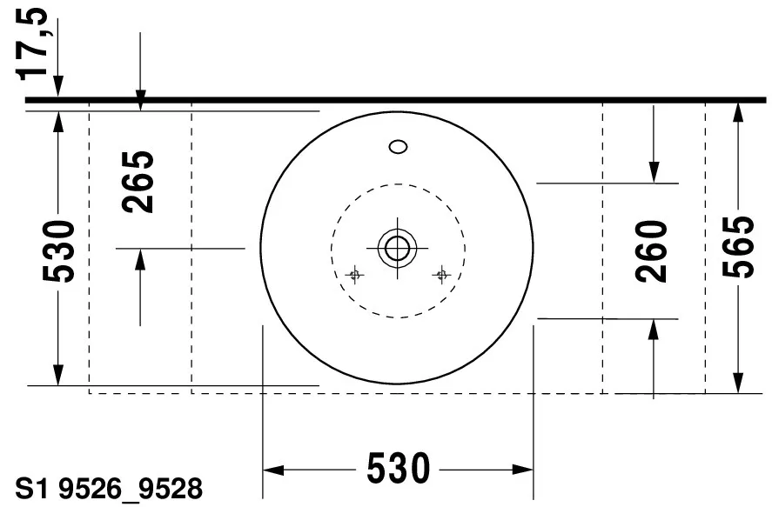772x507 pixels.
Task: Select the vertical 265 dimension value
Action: point(139,183)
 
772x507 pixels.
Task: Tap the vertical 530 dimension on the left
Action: point(58,252)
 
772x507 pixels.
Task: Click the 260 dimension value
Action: point(653,251)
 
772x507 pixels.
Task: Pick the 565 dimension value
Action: point(738,246)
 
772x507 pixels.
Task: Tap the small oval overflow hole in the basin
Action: point(399,146)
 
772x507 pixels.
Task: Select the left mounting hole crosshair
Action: point(354,276)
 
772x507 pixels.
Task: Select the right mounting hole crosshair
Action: point(441,276)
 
